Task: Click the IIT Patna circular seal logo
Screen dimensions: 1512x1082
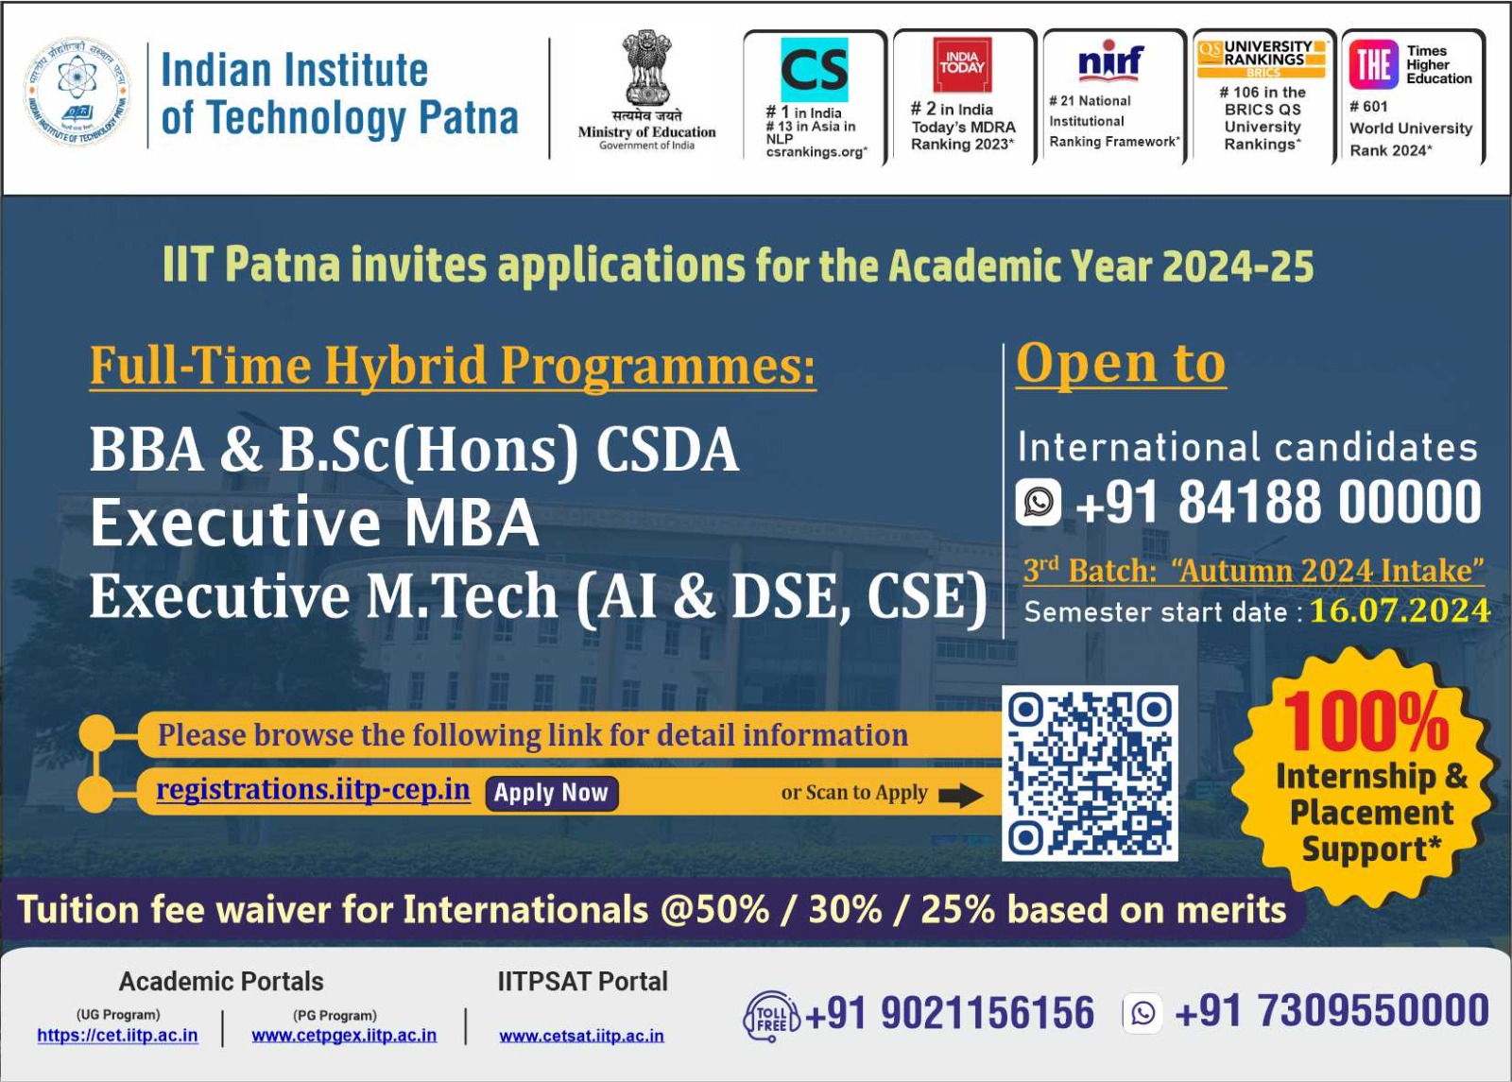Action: [x=77, y=93]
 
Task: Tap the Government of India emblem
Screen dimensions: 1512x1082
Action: [x=646, y=67]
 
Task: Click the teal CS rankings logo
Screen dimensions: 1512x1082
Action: [x=814, y=70]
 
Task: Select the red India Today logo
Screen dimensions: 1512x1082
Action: [x=962, y=64]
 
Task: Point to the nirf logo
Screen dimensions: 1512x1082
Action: [x=1111, y=61]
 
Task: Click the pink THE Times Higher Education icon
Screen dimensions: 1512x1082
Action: [x=1374, y=65]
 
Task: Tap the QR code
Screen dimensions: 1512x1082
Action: [x=1090, y=773]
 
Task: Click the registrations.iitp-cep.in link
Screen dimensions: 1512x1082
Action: [x=313, y=789]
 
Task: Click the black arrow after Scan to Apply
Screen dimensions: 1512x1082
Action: [x=960, y=795]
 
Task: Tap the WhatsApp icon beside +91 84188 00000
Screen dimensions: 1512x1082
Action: [x=1039, y=502]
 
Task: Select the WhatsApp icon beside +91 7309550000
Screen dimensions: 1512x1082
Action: [x=1143, y=1013]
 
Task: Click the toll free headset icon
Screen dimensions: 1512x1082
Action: [x=771, y=1016]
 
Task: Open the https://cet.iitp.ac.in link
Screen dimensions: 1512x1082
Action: [x=117, y=1036]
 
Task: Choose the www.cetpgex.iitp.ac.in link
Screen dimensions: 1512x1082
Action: [x=344, y=1036]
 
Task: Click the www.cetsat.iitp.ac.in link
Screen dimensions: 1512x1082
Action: [x=582, y=1036]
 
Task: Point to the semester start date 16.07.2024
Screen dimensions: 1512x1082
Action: [x=1400, y=610]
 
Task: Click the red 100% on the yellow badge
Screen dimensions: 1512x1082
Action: [x=1366, y=722]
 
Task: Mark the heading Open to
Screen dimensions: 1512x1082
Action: [x=1121, y=365]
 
